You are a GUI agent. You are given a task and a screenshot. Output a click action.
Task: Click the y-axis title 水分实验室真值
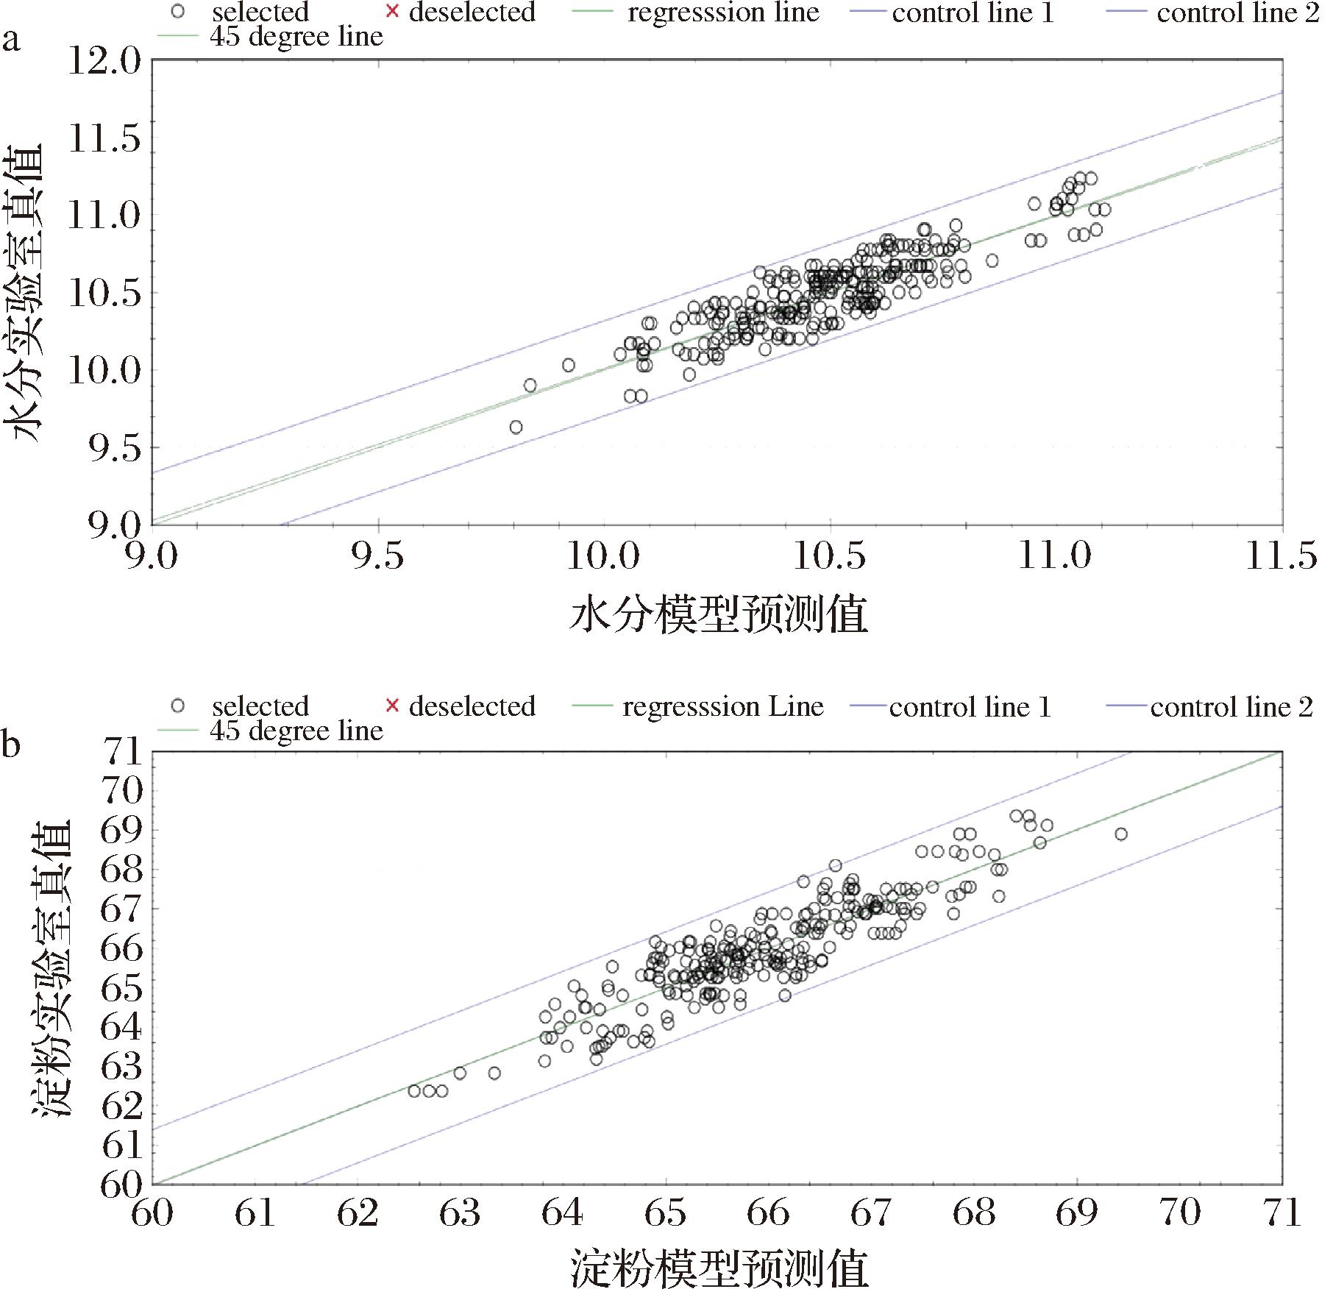[28, 293]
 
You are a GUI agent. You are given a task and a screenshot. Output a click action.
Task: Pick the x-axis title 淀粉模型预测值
[719, 1267]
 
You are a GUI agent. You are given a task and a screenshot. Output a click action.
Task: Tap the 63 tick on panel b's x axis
[460, 1212]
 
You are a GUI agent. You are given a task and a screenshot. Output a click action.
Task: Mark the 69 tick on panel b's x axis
[1076, 1212]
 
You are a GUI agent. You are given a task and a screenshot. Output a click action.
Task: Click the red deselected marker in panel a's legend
[392, 12]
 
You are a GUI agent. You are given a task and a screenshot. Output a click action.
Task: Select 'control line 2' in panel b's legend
[1231, 707]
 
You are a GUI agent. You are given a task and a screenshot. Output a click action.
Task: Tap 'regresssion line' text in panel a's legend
[723, 13]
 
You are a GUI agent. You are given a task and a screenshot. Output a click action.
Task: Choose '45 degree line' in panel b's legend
[296, 731]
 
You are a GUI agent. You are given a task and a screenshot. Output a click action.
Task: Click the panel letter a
[10, 39]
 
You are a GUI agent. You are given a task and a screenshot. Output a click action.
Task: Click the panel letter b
[10, 745]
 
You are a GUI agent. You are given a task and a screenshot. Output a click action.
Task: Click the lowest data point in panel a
[516, 427]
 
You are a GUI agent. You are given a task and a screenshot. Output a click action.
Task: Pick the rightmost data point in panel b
[1120, 834]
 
